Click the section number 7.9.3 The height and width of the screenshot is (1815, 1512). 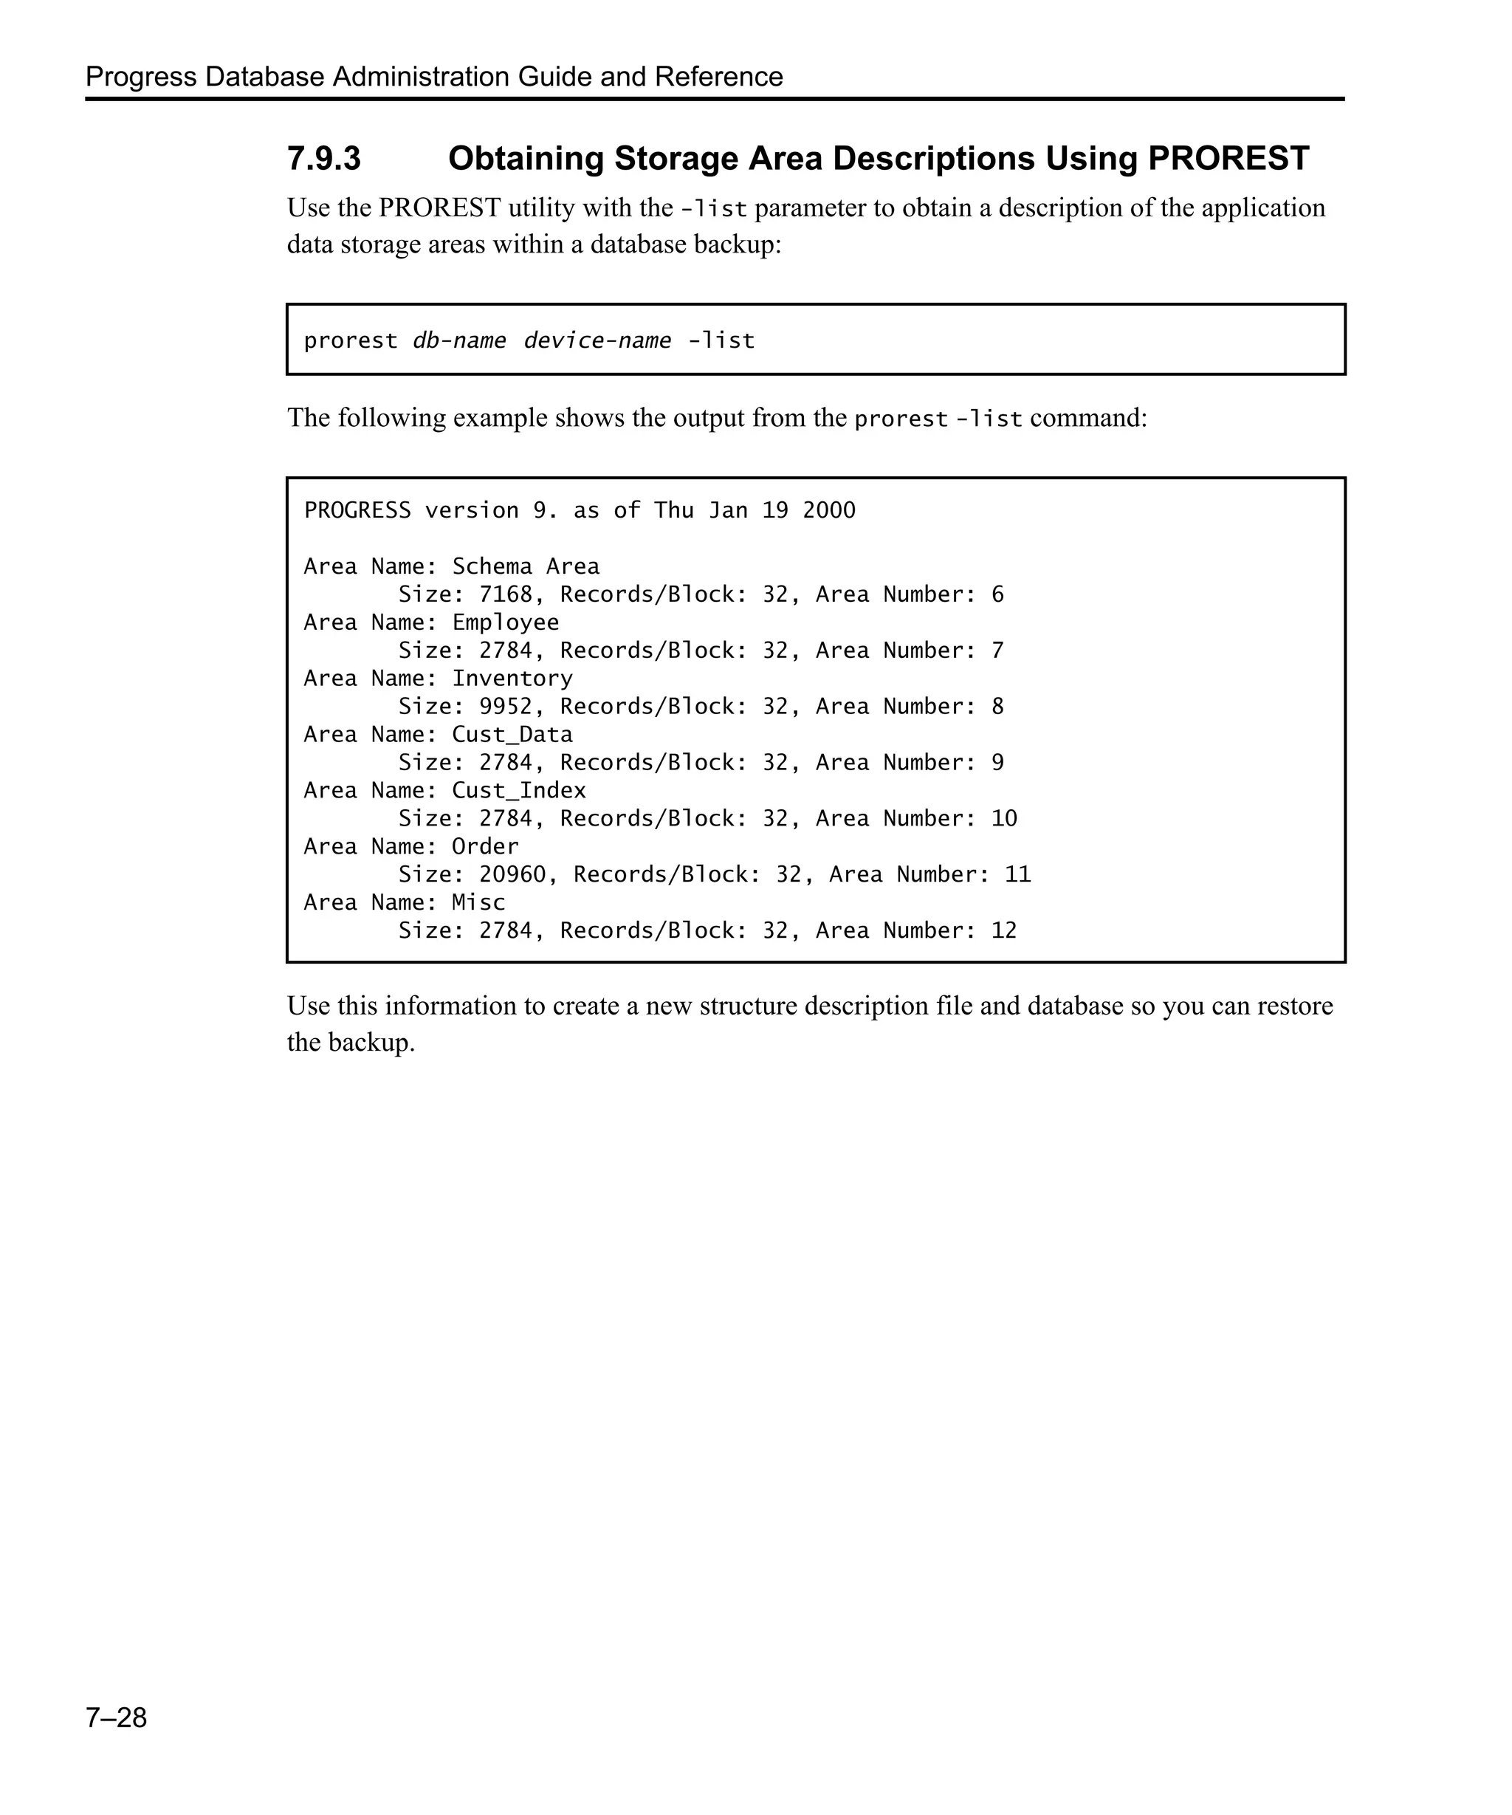(x=323, y=159)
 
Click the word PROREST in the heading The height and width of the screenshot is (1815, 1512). (x=1228, y=159)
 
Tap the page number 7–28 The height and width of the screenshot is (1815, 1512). (x=116, y=1718)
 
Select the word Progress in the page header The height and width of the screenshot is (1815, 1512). (x=141, y=77)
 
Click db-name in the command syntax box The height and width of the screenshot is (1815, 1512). (x=458, y=340)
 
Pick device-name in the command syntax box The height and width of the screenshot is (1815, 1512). (x=597, y=340)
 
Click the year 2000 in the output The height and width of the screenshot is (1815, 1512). (x=828, y=510)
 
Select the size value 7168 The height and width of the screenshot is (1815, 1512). (x=506, y=594)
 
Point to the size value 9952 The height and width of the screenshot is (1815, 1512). (x=506, y=707)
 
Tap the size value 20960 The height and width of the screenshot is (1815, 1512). (x=512, y=875)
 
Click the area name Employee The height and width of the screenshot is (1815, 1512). (x=506, y=622)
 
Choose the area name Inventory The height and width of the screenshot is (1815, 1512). (x=512, y=679)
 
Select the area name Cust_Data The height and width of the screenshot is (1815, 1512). (x=512, y=735)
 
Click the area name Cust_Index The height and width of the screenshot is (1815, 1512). (x=518, y=791)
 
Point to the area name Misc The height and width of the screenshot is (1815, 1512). (x=478, y=902)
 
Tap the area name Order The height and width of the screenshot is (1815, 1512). (x=485, y=846)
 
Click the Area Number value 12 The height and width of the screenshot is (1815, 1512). (x=1004, y=931)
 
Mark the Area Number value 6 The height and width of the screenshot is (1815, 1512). (x=998, y=594)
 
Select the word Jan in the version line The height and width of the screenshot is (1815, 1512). (x=727, y=510)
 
